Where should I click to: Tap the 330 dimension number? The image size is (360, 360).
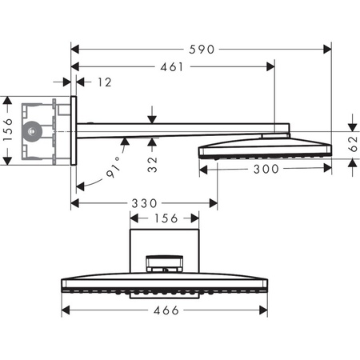click(144, 203)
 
